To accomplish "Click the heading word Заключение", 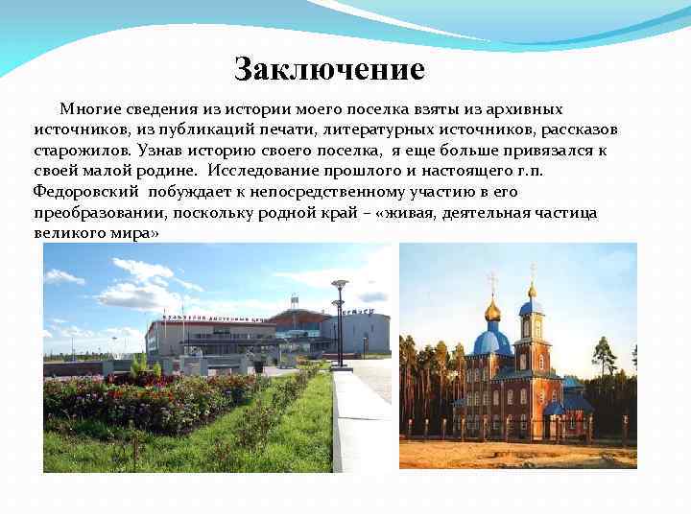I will [329, 70].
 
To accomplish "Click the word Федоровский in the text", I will [76, 191].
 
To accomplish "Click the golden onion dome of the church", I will [492, 310].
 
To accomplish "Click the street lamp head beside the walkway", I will [339, 285].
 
